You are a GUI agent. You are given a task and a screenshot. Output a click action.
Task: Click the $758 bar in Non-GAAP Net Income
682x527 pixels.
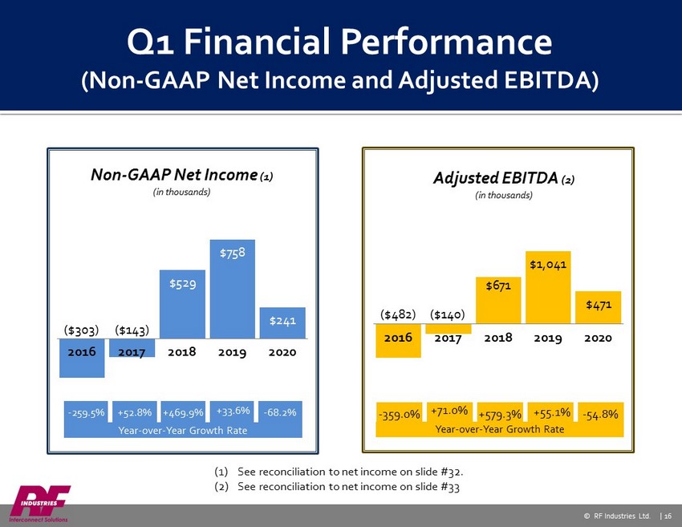pos(232,289)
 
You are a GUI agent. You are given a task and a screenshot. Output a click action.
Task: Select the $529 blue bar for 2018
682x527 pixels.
pos(182,304)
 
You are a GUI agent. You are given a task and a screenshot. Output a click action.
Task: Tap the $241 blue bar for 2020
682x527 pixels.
pos(282,322)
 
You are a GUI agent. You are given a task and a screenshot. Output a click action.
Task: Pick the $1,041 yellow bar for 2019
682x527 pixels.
pos(548,287)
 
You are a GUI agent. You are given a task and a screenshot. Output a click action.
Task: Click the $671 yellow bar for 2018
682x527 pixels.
pos(498,300)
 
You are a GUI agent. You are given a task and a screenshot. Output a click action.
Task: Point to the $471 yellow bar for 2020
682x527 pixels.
pos(598,307)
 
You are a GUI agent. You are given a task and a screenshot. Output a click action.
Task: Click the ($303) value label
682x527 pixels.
pos(81,330)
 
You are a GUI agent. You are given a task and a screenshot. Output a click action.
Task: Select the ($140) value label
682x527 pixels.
pos(448,314)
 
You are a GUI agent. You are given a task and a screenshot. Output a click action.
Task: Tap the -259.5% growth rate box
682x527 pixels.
pos(86,412)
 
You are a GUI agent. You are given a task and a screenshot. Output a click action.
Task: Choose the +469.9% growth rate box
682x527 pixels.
pos(183,412)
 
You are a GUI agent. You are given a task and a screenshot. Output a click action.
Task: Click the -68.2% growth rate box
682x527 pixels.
pos(280,412)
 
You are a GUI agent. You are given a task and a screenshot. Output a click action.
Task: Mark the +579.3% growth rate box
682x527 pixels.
pos(500,414)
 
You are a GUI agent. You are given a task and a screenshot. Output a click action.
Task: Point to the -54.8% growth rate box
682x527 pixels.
pos(601,414)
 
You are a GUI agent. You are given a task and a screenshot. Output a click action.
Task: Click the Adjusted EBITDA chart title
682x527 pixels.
pos(504,178)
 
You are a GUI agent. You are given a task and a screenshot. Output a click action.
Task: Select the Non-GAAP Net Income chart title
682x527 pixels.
pos(182,175)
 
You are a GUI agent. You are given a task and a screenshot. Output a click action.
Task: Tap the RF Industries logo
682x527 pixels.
pos(39,504)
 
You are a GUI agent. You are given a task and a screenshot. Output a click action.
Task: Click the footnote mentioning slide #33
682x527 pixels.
pos(337,487)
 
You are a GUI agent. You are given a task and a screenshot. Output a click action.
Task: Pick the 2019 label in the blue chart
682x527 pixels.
pos(232,352)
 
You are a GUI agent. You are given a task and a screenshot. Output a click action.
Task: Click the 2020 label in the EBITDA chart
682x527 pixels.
pos(598,338)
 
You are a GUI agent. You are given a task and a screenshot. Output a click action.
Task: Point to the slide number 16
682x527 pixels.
pos(668,516)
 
